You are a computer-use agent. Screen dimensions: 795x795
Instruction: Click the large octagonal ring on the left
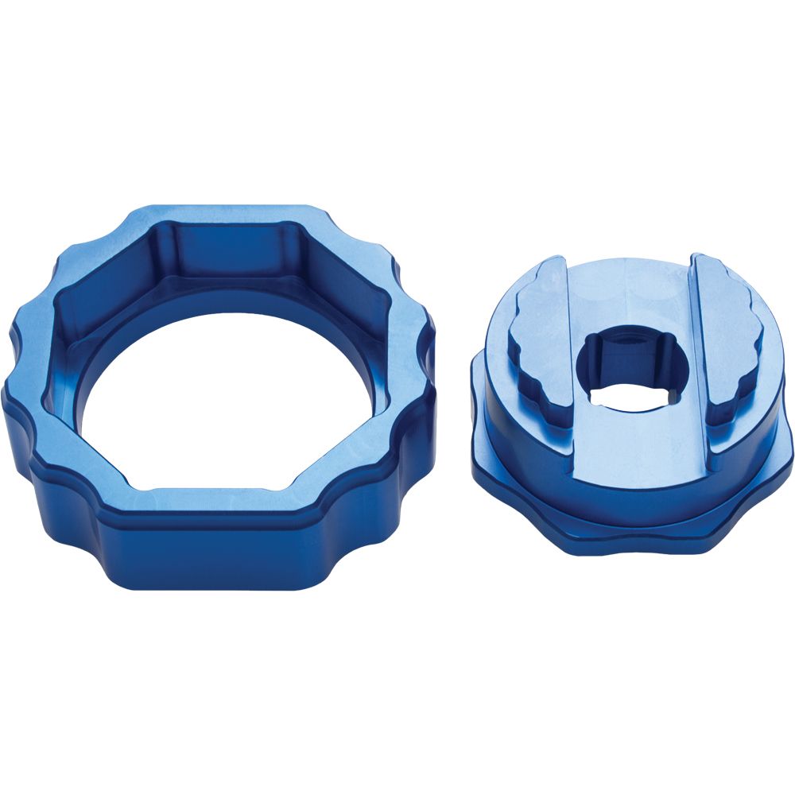(x=119, y=477)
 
